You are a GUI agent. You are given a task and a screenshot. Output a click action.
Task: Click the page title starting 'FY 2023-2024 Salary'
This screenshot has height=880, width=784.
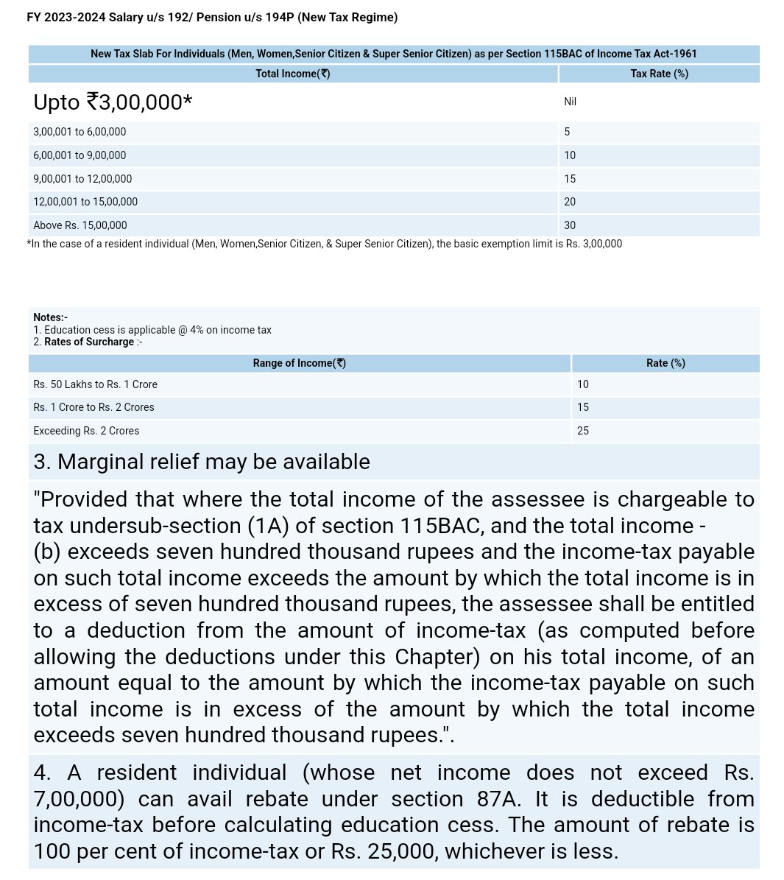(x=212, y=17)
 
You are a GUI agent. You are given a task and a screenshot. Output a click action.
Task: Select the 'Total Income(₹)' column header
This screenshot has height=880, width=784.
(x=292, y=74)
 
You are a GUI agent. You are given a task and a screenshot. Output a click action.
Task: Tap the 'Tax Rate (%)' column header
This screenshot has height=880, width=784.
(x=659, y=74)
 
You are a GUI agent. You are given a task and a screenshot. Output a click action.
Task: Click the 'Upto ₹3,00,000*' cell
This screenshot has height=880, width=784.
(x=113, y=102)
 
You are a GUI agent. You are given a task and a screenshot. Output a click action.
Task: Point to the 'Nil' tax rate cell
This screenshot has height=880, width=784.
(x=570, y=102)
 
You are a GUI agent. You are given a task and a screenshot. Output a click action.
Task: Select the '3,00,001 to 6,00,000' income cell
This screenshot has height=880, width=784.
(x=80, y=132)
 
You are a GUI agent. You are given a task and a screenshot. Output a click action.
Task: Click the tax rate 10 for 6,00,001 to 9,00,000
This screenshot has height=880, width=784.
(x=570, y=155)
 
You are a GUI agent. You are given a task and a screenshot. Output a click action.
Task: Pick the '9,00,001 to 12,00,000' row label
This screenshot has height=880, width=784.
(x=82, y=179)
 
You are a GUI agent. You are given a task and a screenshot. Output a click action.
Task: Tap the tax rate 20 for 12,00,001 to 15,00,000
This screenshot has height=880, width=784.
(x=570, y=202)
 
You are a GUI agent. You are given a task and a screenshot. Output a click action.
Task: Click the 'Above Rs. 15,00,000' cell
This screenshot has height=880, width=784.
(x=80, y=225)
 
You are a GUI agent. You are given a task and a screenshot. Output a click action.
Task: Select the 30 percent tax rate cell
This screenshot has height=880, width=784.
(x=570, y=225)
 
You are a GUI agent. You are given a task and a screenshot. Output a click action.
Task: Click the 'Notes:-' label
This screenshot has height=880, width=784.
(x=50, y=317)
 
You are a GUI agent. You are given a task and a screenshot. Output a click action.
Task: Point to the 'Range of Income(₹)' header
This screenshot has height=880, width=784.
(x=299, y=363)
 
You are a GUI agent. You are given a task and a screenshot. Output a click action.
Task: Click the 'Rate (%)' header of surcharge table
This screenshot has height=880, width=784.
(x=665, y=363)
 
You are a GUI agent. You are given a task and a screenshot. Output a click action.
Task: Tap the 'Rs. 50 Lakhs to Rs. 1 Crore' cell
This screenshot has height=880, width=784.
(x=95, y=384)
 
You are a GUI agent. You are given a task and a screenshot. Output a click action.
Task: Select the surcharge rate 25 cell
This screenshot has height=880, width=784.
(x=582, y=431)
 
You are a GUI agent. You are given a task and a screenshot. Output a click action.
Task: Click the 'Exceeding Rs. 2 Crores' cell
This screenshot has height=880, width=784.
(x=86, y=431)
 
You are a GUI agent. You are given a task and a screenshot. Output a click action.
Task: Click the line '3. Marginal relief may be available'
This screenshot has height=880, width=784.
(x=202, y=462)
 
